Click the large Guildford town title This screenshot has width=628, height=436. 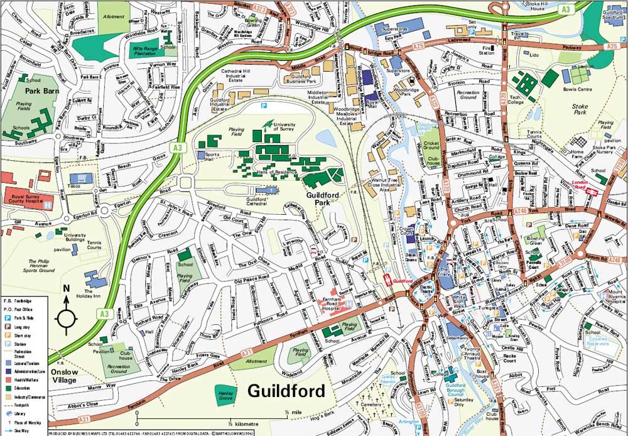[x=286, y=391]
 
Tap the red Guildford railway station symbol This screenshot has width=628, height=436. [x=387, y=281]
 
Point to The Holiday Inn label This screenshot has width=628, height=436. [x=92, y=295]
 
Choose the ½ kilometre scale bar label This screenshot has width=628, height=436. [x=236, y=424]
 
